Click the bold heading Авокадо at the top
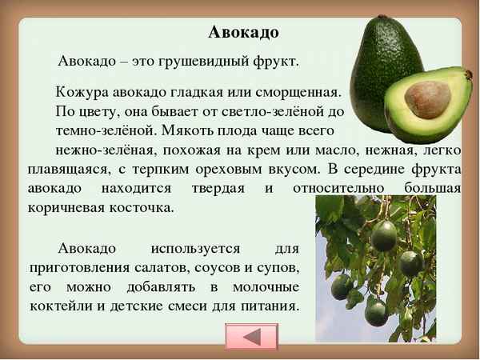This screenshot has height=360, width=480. point(243,33)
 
